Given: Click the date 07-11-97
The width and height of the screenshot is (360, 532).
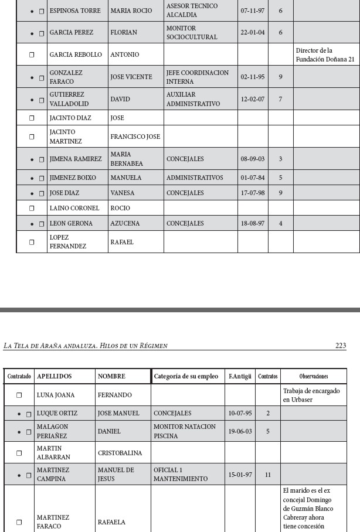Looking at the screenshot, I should click(252, 11).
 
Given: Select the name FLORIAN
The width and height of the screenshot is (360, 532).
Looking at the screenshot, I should click(122, 32).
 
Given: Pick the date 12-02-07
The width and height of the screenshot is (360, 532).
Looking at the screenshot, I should click(252, 99).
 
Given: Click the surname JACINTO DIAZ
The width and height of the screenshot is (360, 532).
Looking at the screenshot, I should click(70, 118).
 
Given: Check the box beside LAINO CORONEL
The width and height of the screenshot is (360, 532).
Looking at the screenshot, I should click(33, 208).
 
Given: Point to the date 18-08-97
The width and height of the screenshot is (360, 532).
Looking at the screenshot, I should click(252, 223).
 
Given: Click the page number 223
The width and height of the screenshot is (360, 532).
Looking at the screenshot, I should click(341, 346).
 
